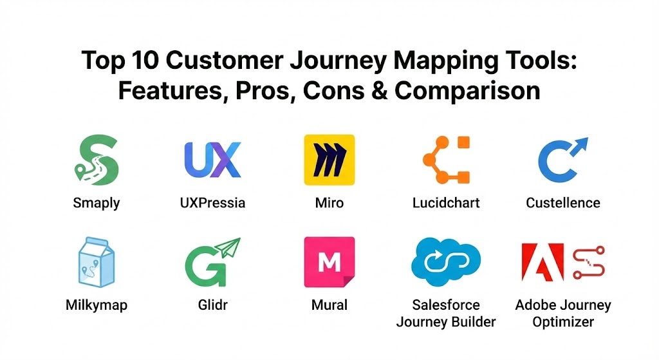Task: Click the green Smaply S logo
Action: point(97,160)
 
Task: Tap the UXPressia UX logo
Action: point(212,160)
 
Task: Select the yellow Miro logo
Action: point(329,160)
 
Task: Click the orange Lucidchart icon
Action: point(447,160)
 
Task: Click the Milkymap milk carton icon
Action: point(97,262)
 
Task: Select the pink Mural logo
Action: point(329,262)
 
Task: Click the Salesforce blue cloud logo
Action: point(446,261)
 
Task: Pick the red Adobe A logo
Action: point(543,262)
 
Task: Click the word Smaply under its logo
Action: point(97,204)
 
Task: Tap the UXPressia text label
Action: point(212,203)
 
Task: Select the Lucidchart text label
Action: point(446,203)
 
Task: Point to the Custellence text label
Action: point(563,203)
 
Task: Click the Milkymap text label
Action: point(97,305)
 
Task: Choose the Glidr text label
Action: point(212,305)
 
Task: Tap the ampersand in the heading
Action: point(380,91)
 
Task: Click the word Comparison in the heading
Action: point(467,91)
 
